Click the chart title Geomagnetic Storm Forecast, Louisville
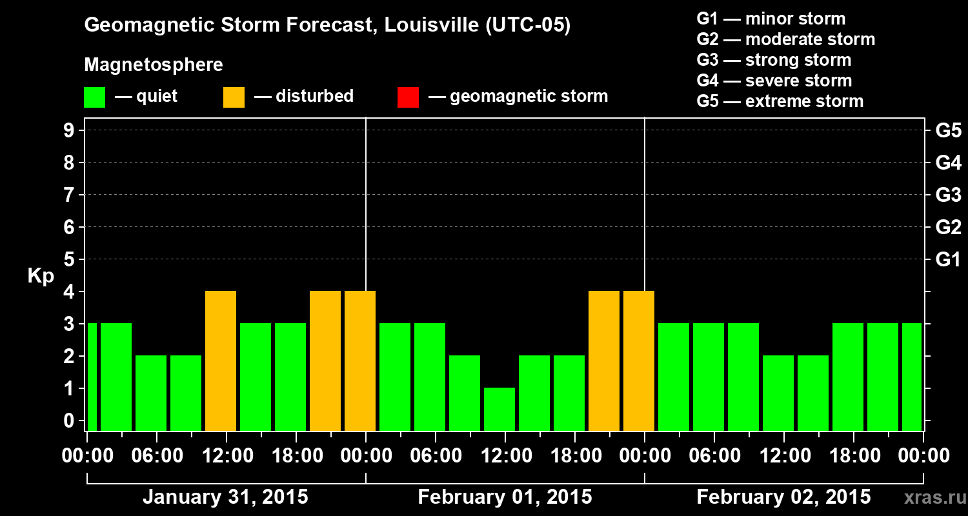point(327,26)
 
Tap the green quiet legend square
point(94,97)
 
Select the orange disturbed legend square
point(234,97)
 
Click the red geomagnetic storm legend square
point(408,97)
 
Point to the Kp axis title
point(41,275)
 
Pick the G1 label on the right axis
point(948,260)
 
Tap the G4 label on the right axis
point(948,163)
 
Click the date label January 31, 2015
point(225,497)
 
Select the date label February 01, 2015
point(505,497)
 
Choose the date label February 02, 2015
point(783,497)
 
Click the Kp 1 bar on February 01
point(499,409)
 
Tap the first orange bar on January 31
point(221,361)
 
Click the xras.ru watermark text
point(935,498)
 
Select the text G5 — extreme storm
point(780,101)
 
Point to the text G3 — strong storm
point(774,60)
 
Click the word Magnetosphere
point(154,65)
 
